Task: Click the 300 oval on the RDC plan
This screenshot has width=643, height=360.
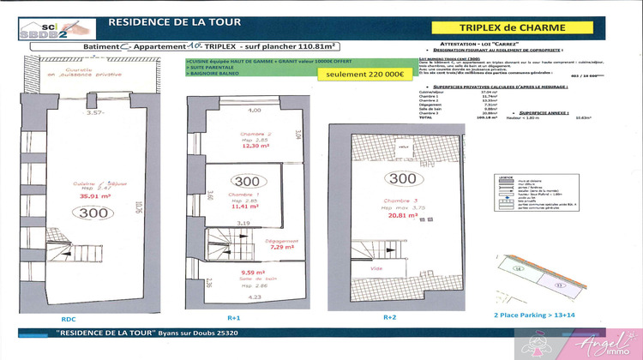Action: click(94, 213)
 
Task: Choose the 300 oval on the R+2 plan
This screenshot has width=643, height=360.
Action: click(396, 179)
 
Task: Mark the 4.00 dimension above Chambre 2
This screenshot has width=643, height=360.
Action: click(230, 111)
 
